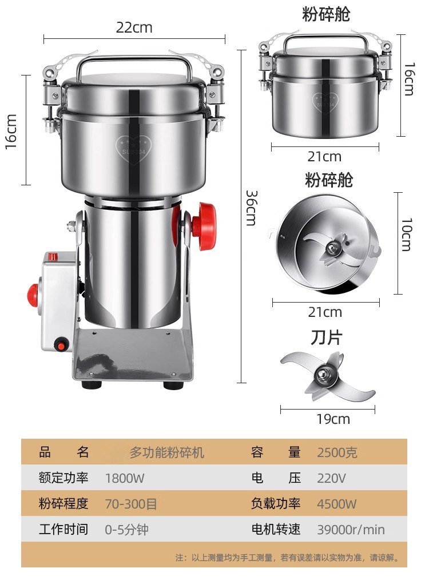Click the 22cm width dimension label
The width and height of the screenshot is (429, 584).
[134, 27]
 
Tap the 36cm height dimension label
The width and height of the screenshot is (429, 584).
[252, 208]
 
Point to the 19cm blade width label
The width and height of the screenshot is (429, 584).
[333, 419]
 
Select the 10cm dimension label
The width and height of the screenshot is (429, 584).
[406, 235]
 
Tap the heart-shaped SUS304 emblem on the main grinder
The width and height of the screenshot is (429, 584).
[133, 149]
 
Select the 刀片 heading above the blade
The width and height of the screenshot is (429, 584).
[326, 337]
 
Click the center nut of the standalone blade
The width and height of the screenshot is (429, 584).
[323, 373]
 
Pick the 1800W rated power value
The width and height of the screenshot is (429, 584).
[124, 478]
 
